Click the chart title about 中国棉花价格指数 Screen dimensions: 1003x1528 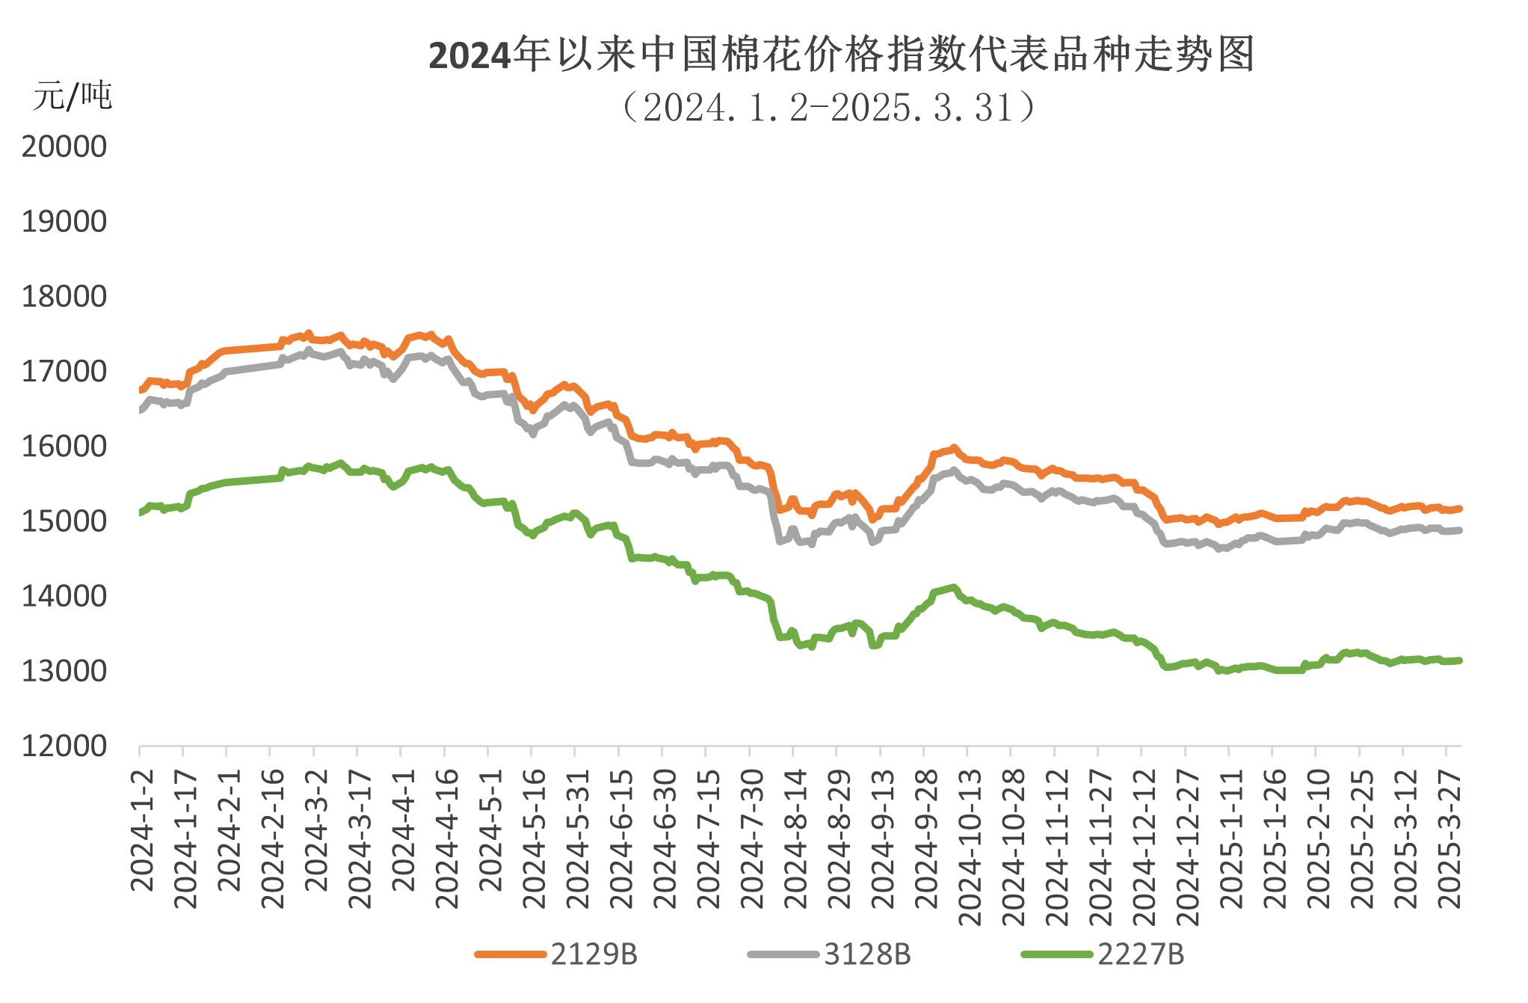click(841, 55)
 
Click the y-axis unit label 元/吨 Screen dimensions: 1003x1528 click(71, 96)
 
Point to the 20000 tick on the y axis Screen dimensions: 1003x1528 click(64, 147)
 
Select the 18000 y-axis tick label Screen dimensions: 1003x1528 click(64, 297)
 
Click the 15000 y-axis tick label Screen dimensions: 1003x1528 click(64, 521)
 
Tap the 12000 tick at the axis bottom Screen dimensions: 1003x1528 click(64, 746)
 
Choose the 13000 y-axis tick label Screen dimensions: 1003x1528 click(64, 671)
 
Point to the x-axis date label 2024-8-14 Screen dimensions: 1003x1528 click(795, 838)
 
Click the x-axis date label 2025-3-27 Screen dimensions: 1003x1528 click(1448, 838)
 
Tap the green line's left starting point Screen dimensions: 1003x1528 click(141, 512)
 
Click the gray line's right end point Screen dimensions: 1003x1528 click(1458, 530)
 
